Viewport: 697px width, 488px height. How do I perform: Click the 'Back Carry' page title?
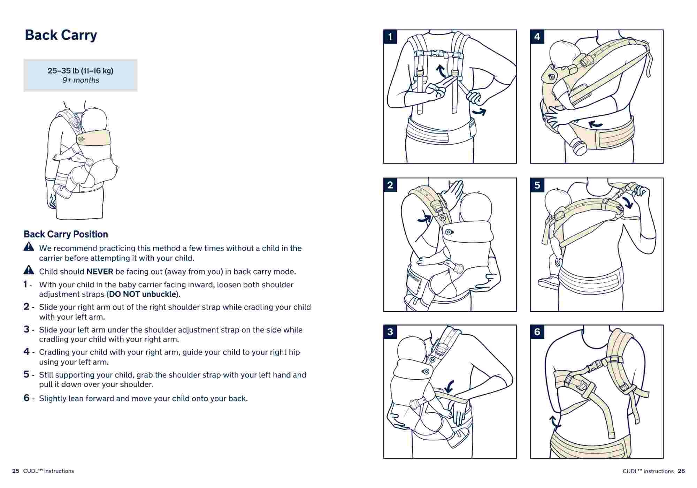(61, 35)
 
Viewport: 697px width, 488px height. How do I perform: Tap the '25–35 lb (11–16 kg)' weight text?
(80, 71)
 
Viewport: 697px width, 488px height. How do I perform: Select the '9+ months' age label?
(81, 80)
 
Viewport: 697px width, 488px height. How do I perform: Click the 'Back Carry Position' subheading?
(66, 234)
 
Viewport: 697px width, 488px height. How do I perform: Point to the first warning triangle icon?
(29, 247)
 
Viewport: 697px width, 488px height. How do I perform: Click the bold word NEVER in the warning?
(100, 272)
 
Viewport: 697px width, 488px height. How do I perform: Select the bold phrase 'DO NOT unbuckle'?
(143, 294)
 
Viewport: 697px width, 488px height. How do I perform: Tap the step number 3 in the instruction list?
(26, 329)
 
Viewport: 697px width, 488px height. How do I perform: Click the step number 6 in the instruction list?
(26, 398)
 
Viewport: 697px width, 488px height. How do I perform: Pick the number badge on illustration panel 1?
(390, 37)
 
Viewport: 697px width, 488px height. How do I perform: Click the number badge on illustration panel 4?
(537, 37)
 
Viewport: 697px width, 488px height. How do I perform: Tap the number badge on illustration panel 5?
(537, 185)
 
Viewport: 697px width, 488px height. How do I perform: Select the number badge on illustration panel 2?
(390, 185)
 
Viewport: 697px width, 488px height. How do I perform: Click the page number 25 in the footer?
(16, 471)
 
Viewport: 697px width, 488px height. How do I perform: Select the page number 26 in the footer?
(681, 471)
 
